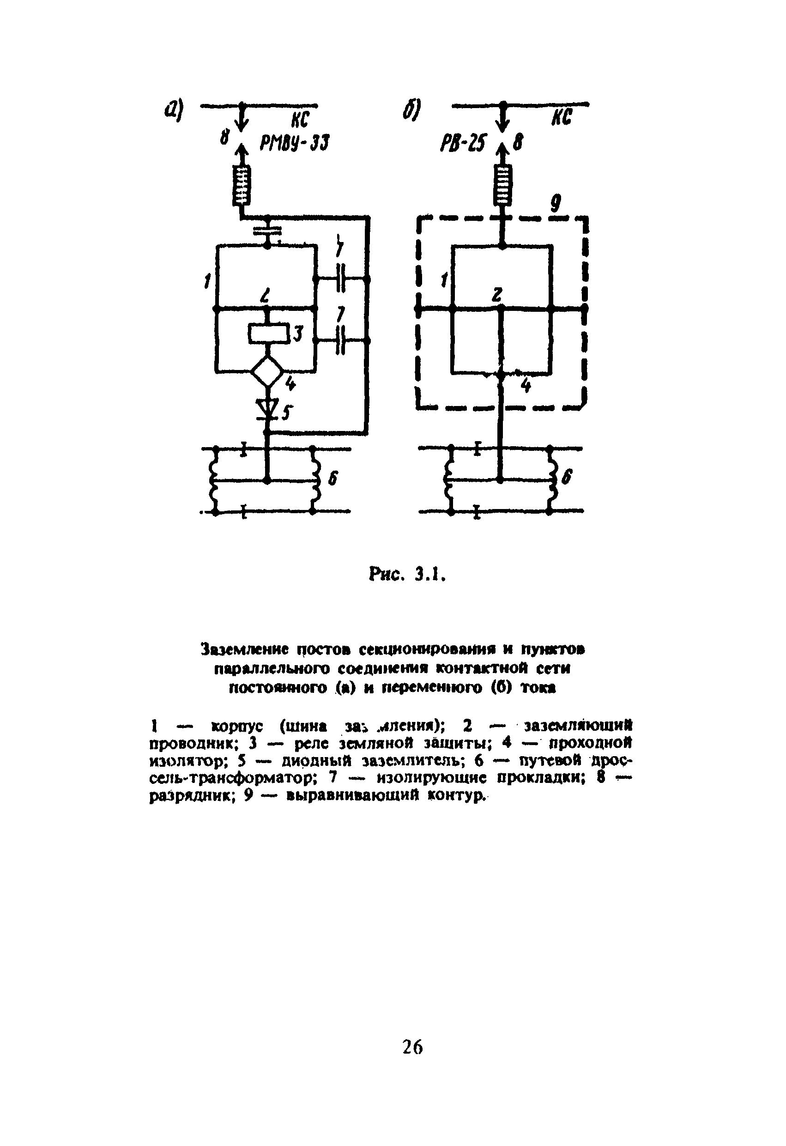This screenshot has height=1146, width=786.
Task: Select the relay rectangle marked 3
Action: pos(268,334)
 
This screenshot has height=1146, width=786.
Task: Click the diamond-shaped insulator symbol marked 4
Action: pos(267,371)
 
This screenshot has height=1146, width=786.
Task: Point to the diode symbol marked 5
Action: pos(267,409)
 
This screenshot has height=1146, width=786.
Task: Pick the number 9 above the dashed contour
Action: pos(556,203)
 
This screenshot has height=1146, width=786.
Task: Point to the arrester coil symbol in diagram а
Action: pos(242,185)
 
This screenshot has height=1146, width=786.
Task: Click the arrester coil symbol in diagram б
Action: pos(502,185)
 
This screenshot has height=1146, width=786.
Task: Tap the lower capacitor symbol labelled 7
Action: pos(341,341)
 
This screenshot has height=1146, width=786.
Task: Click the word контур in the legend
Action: pos(453,796)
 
